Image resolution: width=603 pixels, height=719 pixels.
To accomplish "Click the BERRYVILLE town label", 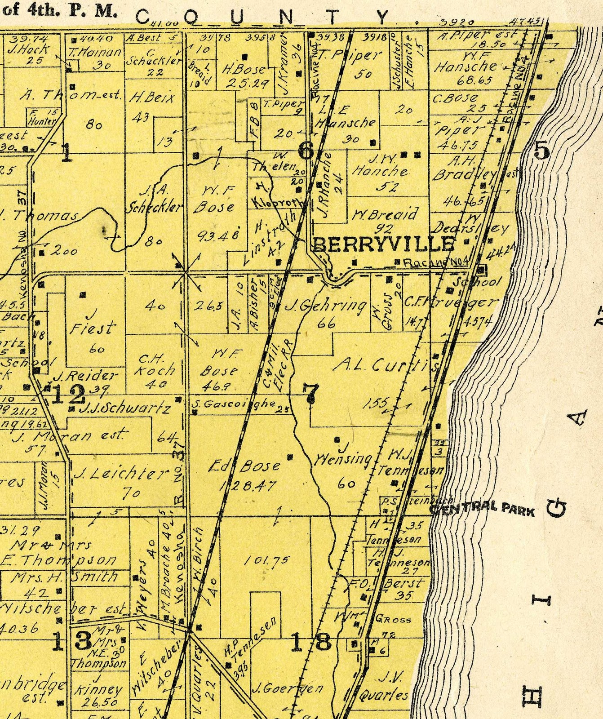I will pyautogui.click(x=383, y=244).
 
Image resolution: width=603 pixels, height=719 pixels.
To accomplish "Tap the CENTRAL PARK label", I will pyautogui.click(x=483, y=510).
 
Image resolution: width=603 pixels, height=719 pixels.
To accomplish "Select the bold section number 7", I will pyautogui.click(x=310, y=394).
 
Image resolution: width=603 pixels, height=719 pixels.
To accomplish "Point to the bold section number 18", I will pyautogui.click(x=311, y=642).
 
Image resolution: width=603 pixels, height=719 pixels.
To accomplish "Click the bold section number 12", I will pyautogui.click(x=69, y=395).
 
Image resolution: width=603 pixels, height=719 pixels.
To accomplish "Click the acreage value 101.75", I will pyautogui.click(x=267, y=560).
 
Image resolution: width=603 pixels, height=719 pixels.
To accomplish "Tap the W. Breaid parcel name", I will pyautogui.click(x=386, y=214).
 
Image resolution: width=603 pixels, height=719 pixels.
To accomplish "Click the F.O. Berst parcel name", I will pyautogui.click(x=387, y=585).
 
